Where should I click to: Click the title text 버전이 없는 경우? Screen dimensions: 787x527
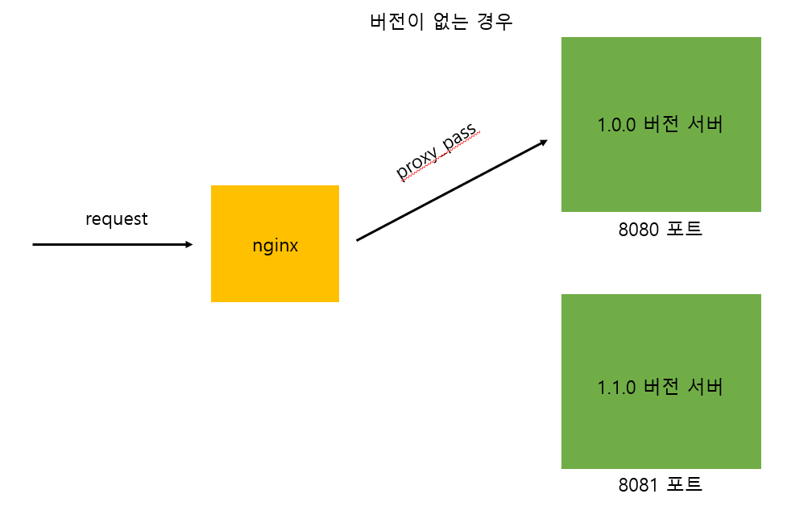click(x=441, y=22)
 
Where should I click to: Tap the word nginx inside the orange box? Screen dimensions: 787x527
click(x=275, y=246)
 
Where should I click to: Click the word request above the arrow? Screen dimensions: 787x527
click(x=117, y=218)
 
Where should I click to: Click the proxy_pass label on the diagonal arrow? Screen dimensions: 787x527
click(x=437, y=152)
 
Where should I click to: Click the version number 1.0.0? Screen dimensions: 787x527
click(x=616, y=125)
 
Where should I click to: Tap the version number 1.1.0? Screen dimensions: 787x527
click(x=616, y=387)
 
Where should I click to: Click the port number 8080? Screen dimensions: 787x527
click(x=639, y=229)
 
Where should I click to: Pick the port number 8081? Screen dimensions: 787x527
click(x=639, y=485)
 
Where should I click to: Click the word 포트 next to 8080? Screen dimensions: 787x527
click(x=684, y=229)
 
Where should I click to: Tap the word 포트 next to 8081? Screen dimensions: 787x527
click(x=684, y=485)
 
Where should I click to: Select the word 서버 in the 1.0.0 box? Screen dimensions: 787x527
click(x=704, y=125)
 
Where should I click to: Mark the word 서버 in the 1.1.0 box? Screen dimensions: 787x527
click(x=704, y=387)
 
